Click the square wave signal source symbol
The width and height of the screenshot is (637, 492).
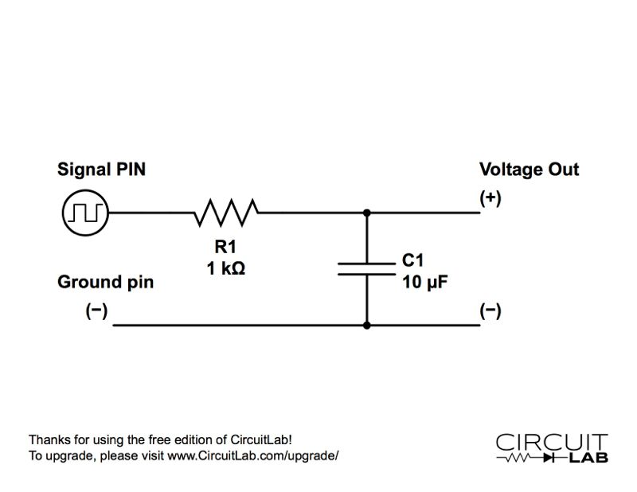pos(85,213)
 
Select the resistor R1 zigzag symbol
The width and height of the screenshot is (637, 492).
pos(226,213)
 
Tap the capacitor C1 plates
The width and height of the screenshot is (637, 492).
pos(366,269)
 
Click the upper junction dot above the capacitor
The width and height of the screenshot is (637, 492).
pos(366,213)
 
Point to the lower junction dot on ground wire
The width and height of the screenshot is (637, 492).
pos(366,325)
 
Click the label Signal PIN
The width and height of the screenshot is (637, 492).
pos(101,170)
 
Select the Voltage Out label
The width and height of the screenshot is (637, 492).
pos(529,170)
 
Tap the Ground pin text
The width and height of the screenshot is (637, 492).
pos(106,283)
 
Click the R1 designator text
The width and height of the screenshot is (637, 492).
pos(225,246)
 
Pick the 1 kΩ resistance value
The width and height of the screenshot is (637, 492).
pos(226,268)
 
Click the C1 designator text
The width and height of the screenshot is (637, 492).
pos(412,260)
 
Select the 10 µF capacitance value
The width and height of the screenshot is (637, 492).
pos(425,282)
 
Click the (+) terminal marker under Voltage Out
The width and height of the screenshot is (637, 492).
pos(490,198)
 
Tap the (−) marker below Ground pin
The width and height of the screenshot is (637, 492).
pos(96,311)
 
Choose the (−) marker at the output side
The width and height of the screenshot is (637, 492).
pos(490,311)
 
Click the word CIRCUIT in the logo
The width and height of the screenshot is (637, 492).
pos(552,442)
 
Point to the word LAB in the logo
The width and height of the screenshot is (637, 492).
pos(588,458)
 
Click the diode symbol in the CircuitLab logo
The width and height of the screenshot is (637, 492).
pos(549,458)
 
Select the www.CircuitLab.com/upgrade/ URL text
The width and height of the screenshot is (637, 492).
pos(252,456)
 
